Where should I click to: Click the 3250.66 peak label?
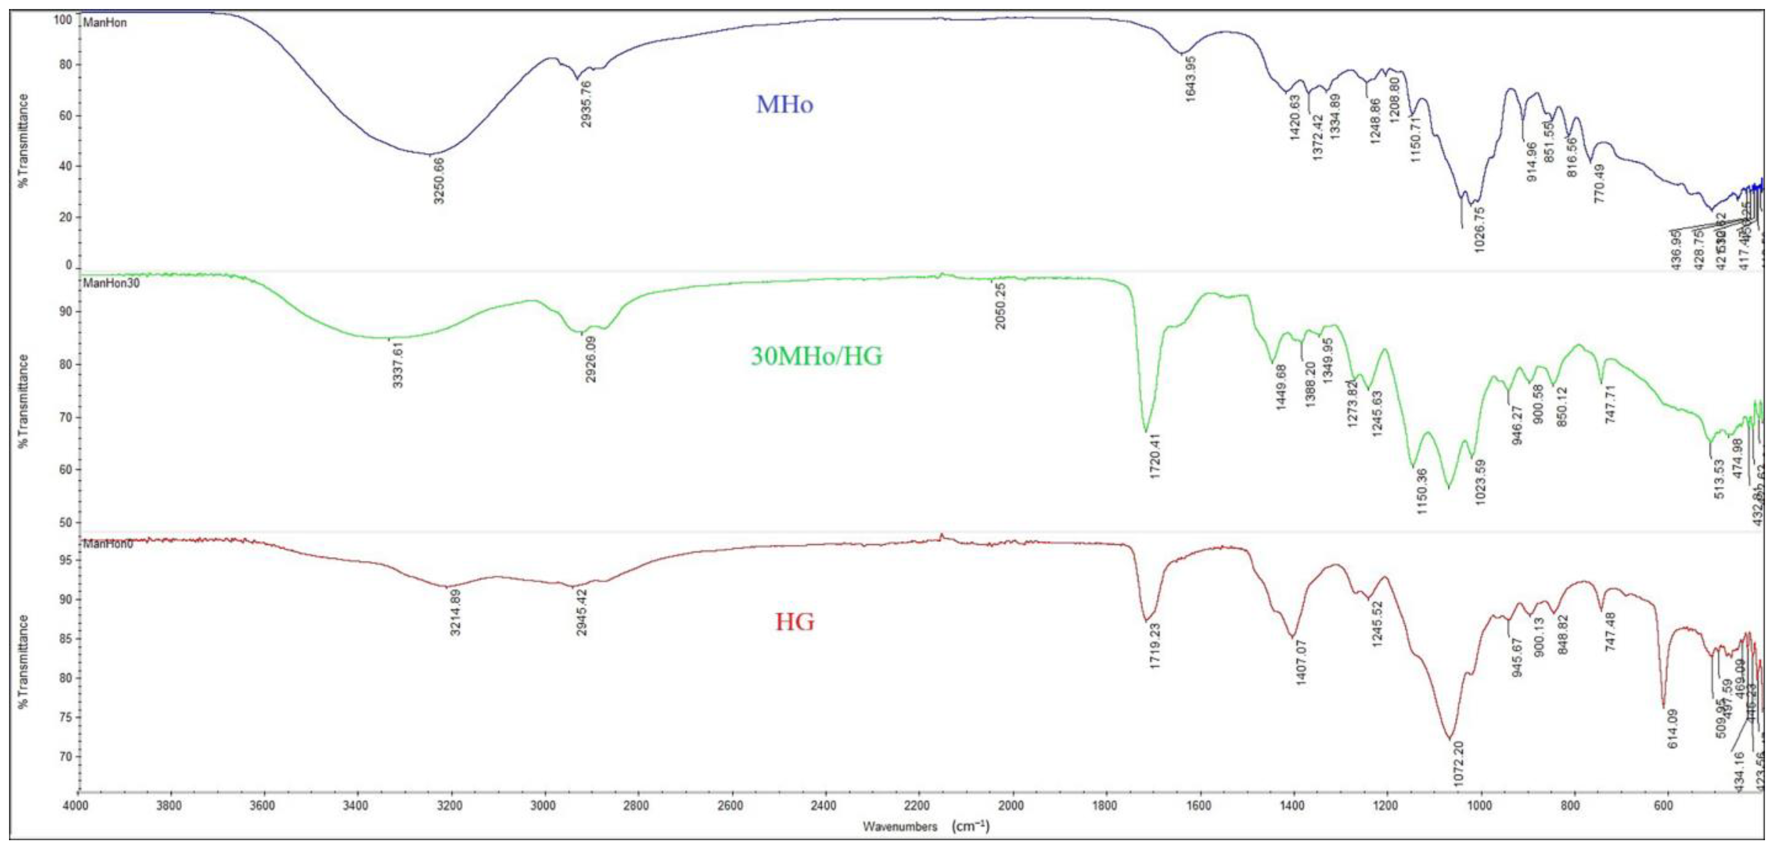coord(439,181)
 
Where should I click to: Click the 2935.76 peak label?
coord(587,104)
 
